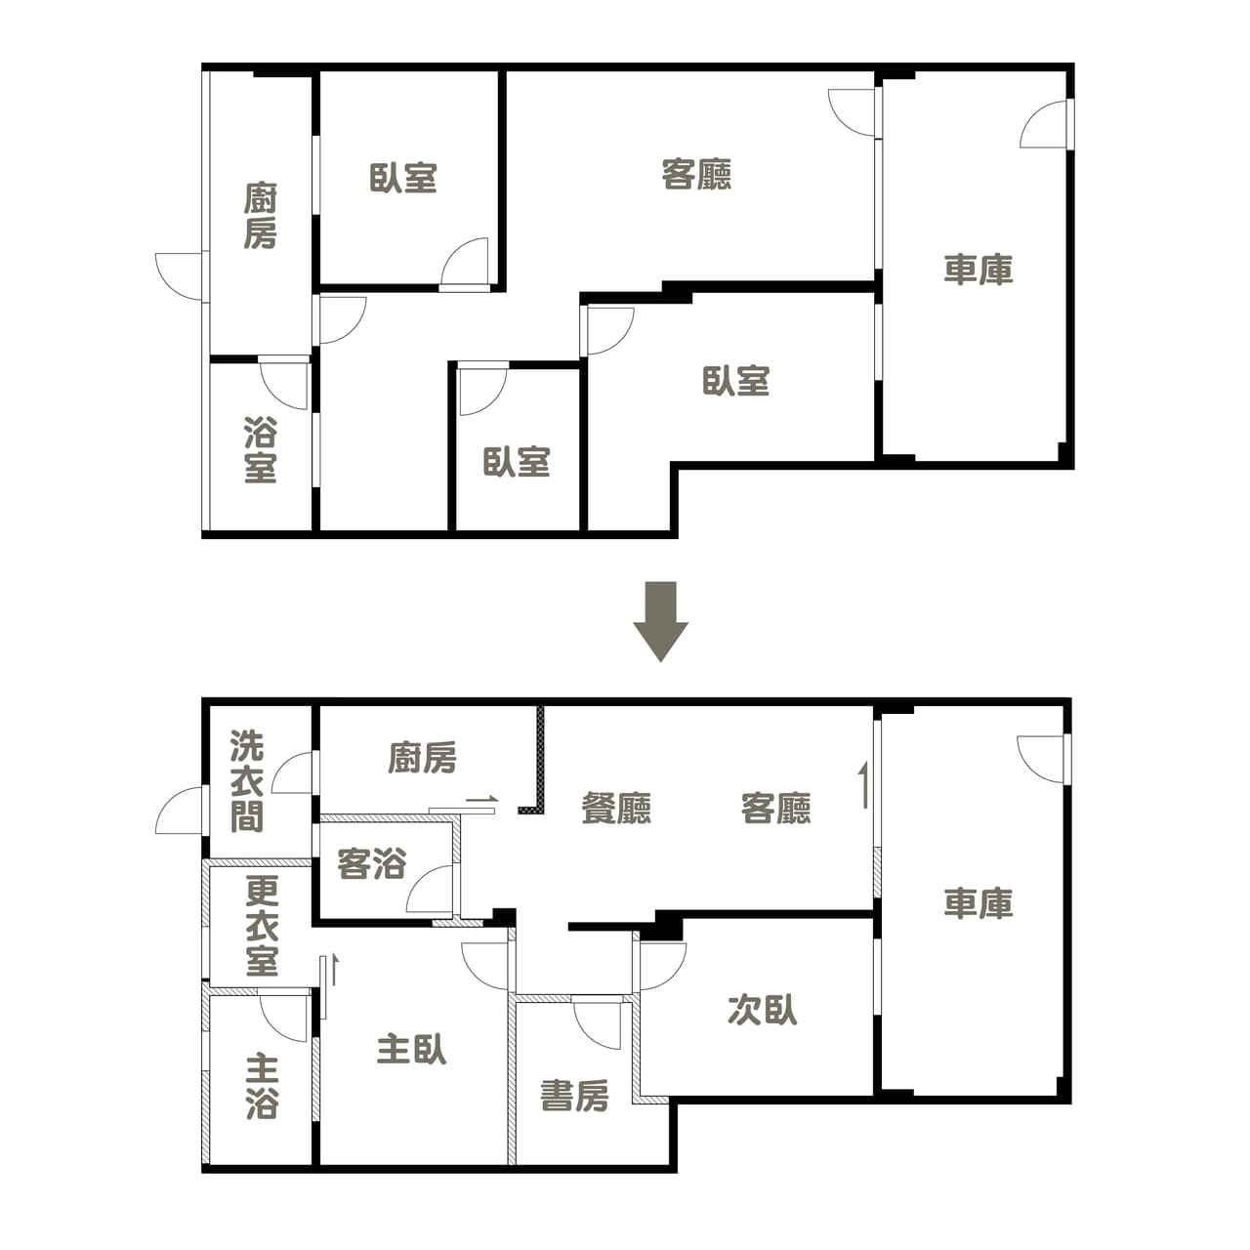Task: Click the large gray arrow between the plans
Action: (x=660, y=621)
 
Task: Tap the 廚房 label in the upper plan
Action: (x=260, y=216)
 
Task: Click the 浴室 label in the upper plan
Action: (x=260, y=449)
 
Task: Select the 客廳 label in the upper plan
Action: (x=696, y=174)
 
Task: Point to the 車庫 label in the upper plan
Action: (x=979, y=270)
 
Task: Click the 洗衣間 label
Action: (x=247, y=781)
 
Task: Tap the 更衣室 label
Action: (x=262, y=926)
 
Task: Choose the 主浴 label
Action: (x=262, y=1087)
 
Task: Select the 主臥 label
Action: (x=411, y=1049)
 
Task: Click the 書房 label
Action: (x=574, y=1096)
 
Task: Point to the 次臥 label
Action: (x=762, y=1010)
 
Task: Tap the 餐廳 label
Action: (x=616, y=808)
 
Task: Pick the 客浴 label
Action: (x=372, y=863)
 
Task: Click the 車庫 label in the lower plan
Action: (x=979, y=903)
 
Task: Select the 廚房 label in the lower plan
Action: (x=422, y=757)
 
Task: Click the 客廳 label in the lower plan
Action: (x=775, y=808)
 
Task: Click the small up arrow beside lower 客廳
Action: (x=864, y=785)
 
